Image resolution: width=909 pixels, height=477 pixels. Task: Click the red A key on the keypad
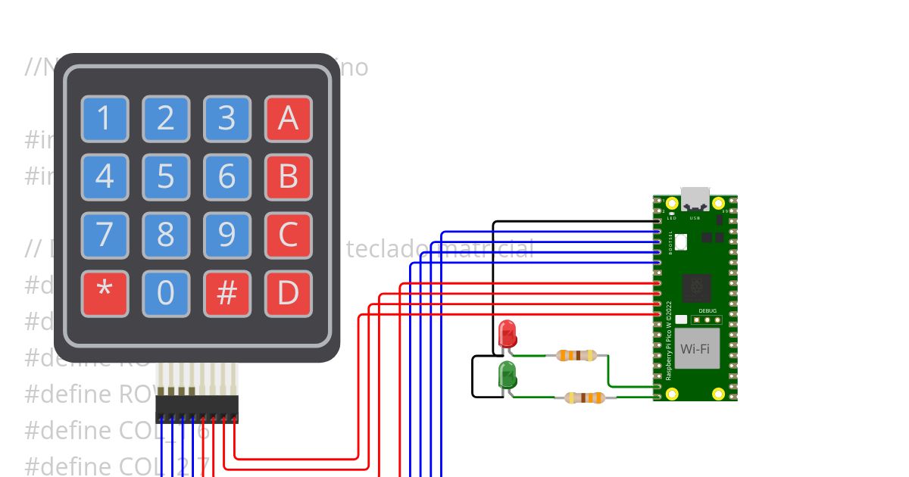point(288,119)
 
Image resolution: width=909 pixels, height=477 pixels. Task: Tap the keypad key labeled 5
point(165,177)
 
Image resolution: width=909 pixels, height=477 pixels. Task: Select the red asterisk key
point(105,293)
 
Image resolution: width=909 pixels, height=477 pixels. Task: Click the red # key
point(226,293)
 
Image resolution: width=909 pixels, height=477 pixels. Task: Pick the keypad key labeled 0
point(165,293)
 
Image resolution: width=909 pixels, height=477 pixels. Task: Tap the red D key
point(288,293)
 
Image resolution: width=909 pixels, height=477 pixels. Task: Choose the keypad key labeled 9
point(226,235)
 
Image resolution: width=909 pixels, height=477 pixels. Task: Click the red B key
point(288,177)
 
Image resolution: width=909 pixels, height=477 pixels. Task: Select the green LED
point(507,375)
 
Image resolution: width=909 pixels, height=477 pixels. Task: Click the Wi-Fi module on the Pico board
point(695,349)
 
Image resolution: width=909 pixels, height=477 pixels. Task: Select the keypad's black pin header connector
point(197,409)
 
